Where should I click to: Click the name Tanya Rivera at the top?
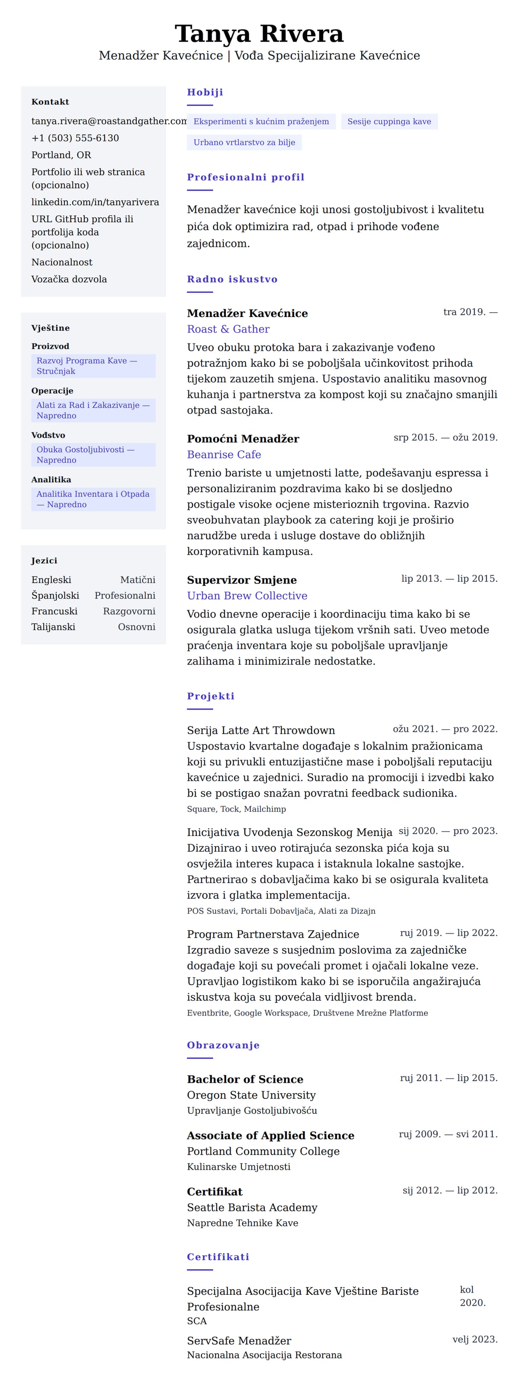(259, 34)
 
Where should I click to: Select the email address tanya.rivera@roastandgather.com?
(109, 121)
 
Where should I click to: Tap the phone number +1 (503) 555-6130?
(75, 138)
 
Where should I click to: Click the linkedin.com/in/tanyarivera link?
(95, 202)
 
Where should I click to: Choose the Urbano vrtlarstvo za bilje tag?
(244, 142)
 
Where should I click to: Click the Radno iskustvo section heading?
(232, 279)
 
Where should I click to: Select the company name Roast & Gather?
(228, 329)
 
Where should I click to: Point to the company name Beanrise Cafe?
(224, 454)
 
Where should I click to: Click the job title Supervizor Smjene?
(241, 580)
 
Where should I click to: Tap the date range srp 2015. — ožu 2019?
(445, 437)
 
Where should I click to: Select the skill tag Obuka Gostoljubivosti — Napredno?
(93, 454)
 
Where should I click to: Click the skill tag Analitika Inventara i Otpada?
(93, 499)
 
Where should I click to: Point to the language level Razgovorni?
(129, 611)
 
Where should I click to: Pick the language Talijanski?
(53, 627)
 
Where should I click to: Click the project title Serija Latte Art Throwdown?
(260, 730)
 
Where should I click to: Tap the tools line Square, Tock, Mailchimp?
(236, 809)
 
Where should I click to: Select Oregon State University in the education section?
(251, 1095)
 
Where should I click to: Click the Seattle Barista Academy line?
(252, 1207)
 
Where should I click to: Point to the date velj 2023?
(474, 1339)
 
